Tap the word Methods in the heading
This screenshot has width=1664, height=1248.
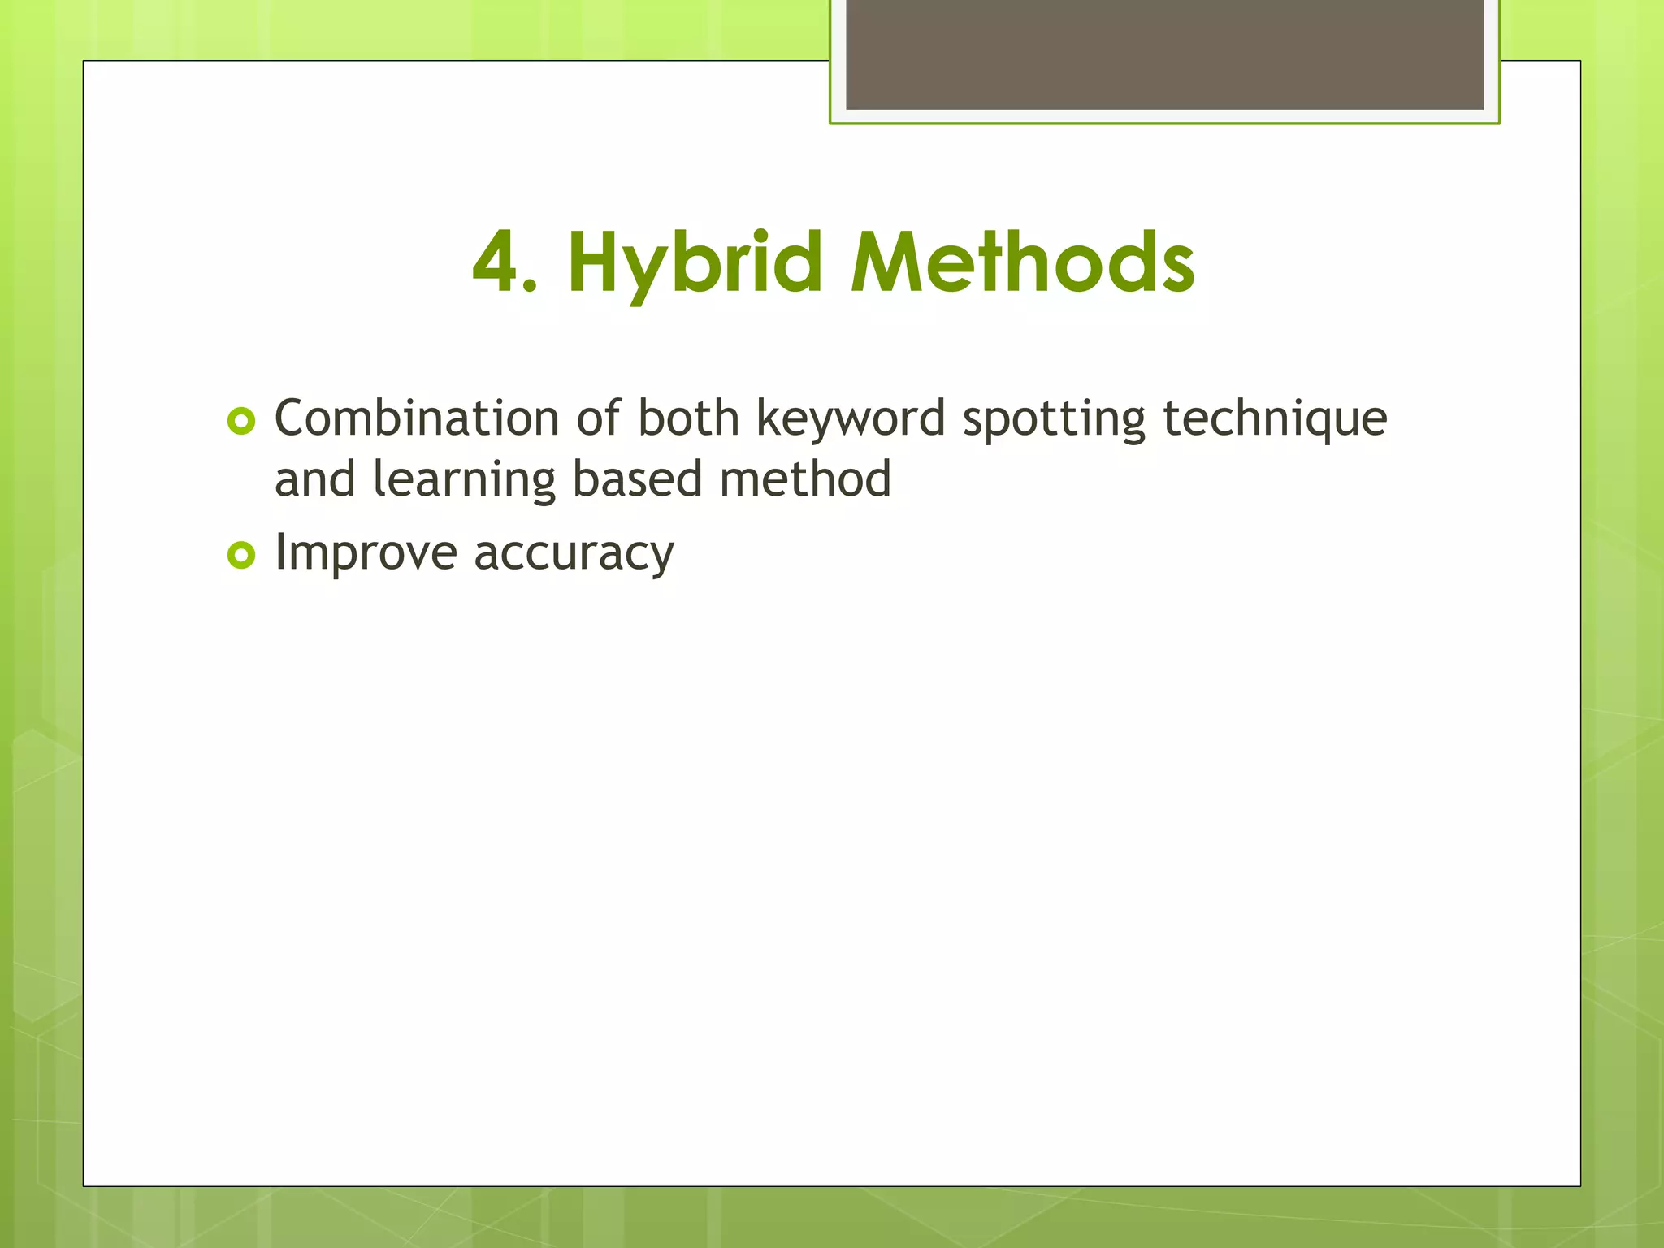pos(1022,262)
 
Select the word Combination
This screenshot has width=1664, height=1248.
pos(416,418)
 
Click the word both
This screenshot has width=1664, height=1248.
pos(688,418)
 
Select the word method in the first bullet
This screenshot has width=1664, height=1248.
pos(805,479)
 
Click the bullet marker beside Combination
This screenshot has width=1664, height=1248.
pos(241,421)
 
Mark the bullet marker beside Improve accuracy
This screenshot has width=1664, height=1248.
pos(241,556)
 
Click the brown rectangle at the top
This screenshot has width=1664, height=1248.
pos(1164,54)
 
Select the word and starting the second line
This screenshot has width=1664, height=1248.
pos(315,479)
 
